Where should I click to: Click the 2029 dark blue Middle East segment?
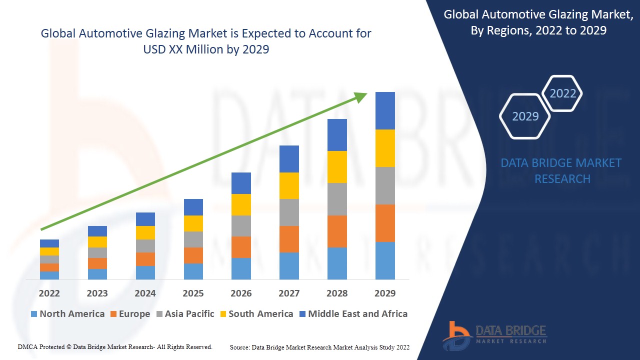pyautogui.click(x=385, y=110)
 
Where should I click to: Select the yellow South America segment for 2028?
pyautogui.click(x=337, y=167)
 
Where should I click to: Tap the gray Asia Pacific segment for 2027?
pyautogui.click(x=289, y=212)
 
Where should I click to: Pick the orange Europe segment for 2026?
pyautogui.click(x=241, y=247)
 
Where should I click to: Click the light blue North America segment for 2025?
pyautogui.click(x=193, y=271)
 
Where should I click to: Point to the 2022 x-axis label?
pyautogui.click(x=49, y=293)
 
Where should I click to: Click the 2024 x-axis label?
pyautogui.click(x=145, y=293)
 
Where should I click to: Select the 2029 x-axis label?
pyautogui.click(x=385, y=293)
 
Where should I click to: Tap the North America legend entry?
pyautogui.click(x=67, y=314)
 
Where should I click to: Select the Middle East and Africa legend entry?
pyautogui.click(x=353, y=314)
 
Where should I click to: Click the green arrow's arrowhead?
pyautogui.click(x=361, y=96)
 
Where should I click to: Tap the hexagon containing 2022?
pyautogui.click(x=562, y=93)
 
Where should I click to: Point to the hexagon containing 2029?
pyautogui.click(x=525, y=116)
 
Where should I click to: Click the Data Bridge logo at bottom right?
pyautogui.click(x=494, y=335)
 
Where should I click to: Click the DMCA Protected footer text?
pyautogui.click(x=115, y=346)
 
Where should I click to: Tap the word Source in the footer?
pyautogui.click(x=239, y=347)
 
